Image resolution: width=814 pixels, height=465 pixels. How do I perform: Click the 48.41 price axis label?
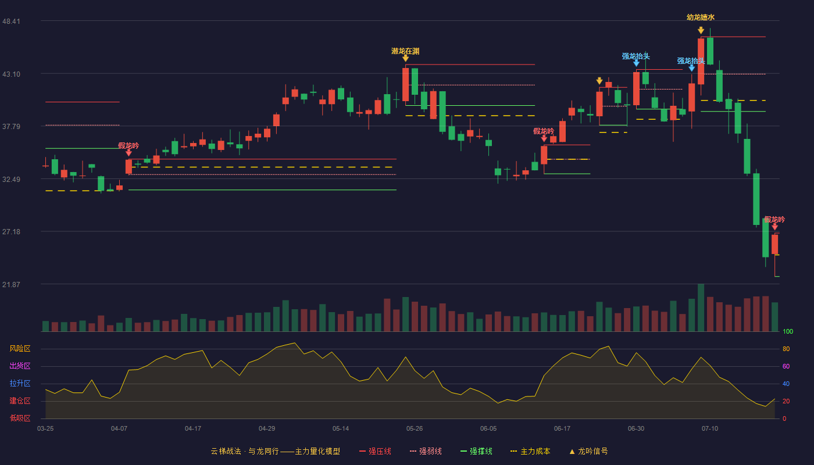click(x=11, y=21)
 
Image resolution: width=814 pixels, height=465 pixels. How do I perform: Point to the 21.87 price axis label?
click(x=11, y=284)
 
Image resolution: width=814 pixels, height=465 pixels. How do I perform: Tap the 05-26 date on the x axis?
click(x=415, y=429)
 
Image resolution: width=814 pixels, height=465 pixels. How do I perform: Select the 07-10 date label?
click(x=710, y=429)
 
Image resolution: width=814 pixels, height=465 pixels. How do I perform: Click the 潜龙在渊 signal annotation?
click(x=405, y=51)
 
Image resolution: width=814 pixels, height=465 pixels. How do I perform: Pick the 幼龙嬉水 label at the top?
click(x=701, y=17)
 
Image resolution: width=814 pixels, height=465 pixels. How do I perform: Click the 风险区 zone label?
click(x=20, y=349)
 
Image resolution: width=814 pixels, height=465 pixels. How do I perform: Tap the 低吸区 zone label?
click(x=20, y=419)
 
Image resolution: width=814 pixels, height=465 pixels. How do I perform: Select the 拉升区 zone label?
click(x=20, y=384)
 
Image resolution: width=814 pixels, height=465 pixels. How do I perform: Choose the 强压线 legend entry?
click(x=375, y=451)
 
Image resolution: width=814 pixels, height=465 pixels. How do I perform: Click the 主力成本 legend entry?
click(x=530, y=451)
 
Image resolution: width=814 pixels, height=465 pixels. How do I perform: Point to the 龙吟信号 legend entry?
click(x=588, y=451)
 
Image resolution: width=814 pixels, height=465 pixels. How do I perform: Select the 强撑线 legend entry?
click(x=476, y=451)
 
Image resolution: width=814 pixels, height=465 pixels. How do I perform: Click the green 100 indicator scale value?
click(x=788, y=331)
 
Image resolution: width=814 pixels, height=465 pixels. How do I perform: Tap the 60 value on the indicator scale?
click(x=786, y=366)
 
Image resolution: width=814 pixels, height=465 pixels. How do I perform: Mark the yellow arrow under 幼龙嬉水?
click(x=701, y=30)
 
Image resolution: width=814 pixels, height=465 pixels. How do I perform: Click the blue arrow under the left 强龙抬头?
click(x=636, y=63)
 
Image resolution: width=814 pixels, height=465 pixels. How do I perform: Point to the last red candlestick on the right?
click(x=774, y=244)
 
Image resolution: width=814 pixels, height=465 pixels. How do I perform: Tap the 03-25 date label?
click(x=45, y=429)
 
